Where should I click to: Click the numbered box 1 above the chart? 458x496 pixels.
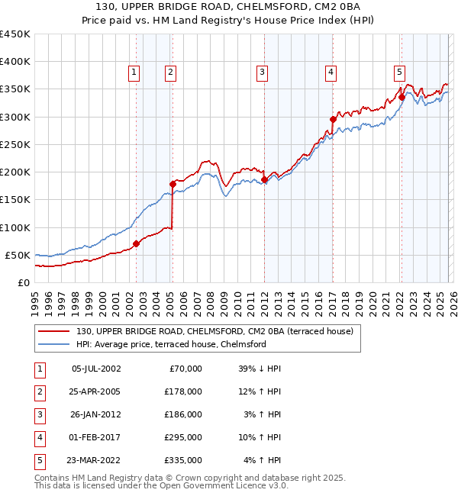[134, 72]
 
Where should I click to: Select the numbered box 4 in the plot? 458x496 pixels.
[331, 72]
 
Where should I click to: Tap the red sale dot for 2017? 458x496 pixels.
[333, 119]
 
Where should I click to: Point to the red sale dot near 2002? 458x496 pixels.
[137, 244]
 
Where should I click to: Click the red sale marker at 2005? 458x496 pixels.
[173, 184]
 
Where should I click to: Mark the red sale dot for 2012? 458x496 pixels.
[265, 179]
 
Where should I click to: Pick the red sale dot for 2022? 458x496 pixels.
[402, 97]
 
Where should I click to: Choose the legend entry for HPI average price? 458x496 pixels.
[170, 344]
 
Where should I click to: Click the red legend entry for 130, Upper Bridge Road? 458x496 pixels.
[214, 331]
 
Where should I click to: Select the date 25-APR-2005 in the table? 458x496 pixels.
[95, 391]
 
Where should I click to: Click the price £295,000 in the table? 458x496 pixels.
[183, 437]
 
